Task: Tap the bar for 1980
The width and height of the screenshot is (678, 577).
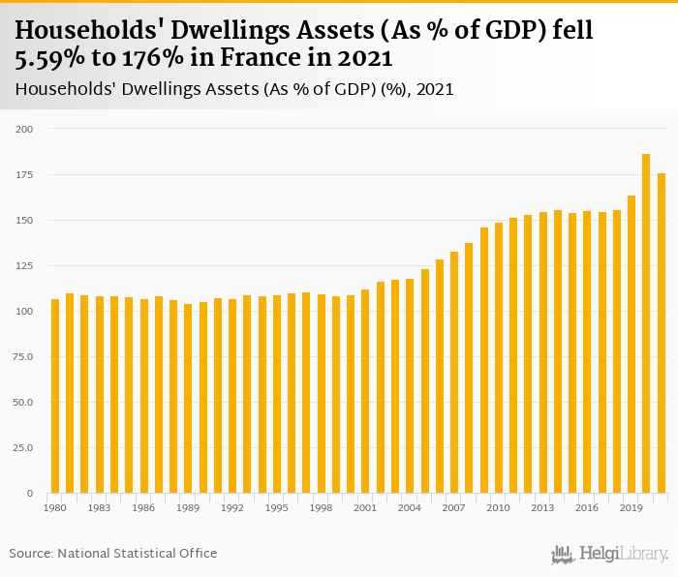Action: (x=55, y=396)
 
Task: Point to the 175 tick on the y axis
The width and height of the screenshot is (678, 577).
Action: (x=24, y=175)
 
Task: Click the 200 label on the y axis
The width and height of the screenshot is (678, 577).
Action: (x=24, y=130)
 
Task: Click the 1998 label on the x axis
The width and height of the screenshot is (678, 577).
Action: (x=321, y=507)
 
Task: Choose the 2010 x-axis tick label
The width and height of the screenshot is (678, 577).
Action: (x=498, y=507)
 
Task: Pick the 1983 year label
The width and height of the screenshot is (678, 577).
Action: (x=99, y=507)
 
